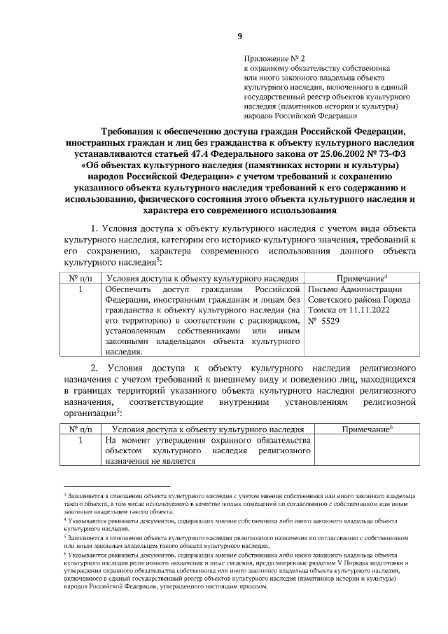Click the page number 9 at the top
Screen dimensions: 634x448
(x=239, y=36)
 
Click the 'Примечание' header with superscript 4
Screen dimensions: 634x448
(x=362, y=278)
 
